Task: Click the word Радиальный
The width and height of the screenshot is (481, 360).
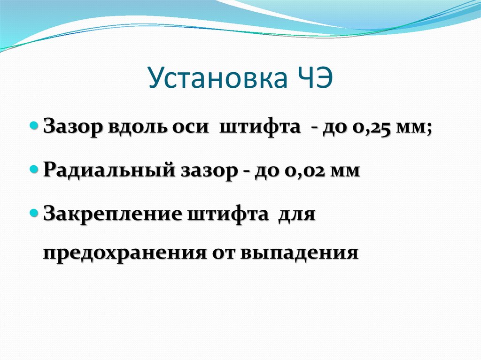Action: click(x=110, y=170)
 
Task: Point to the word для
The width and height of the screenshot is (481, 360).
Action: click(x=297, y=214)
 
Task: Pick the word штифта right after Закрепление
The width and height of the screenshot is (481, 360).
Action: click(x=228, y=214)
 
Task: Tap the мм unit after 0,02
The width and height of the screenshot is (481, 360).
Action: click(x=345, y=170)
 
